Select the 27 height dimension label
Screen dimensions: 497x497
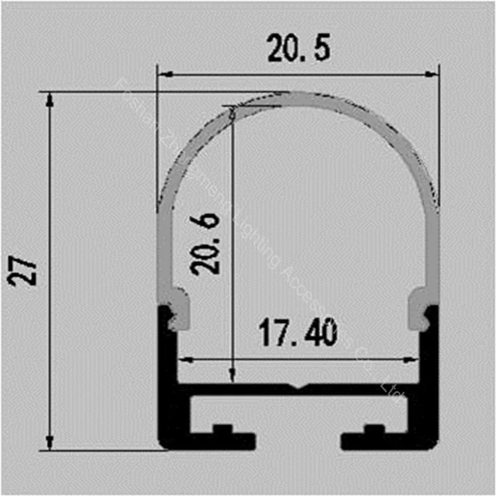pyautogui.click(x=25, y=270)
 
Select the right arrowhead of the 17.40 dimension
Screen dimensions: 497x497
pyautogui.click(x=415, y=360)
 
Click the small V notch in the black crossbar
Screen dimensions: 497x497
pyautogui.click(x=298, y=387)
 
